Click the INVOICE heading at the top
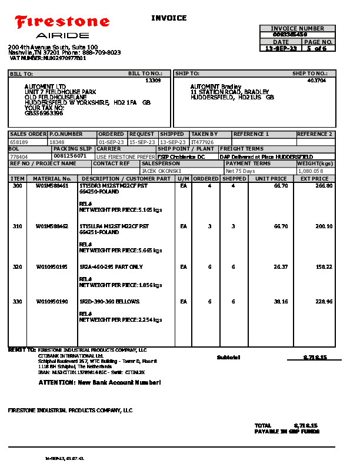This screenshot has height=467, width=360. point(169,18)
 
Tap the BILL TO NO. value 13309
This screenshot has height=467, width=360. point(153,80)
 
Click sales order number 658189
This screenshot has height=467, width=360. point(19,142)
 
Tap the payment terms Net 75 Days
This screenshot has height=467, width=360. point(241,171)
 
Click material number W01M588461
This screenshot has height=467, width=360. point(52,186)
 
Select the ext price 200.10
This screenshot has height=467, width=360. point(324,226)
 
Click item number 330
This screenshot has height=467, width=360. point(17,301)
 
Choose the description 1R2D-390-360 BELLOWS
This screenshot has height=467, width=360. point(109,301)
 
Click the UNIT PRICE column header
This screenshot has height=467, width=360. point(271,178)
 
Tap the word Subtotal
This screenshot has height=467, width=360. point(228,357)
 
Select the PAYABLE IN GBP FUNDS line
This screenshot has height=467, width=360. point(286,431)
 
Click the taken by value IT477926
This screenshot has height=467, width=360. point(203,142)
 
